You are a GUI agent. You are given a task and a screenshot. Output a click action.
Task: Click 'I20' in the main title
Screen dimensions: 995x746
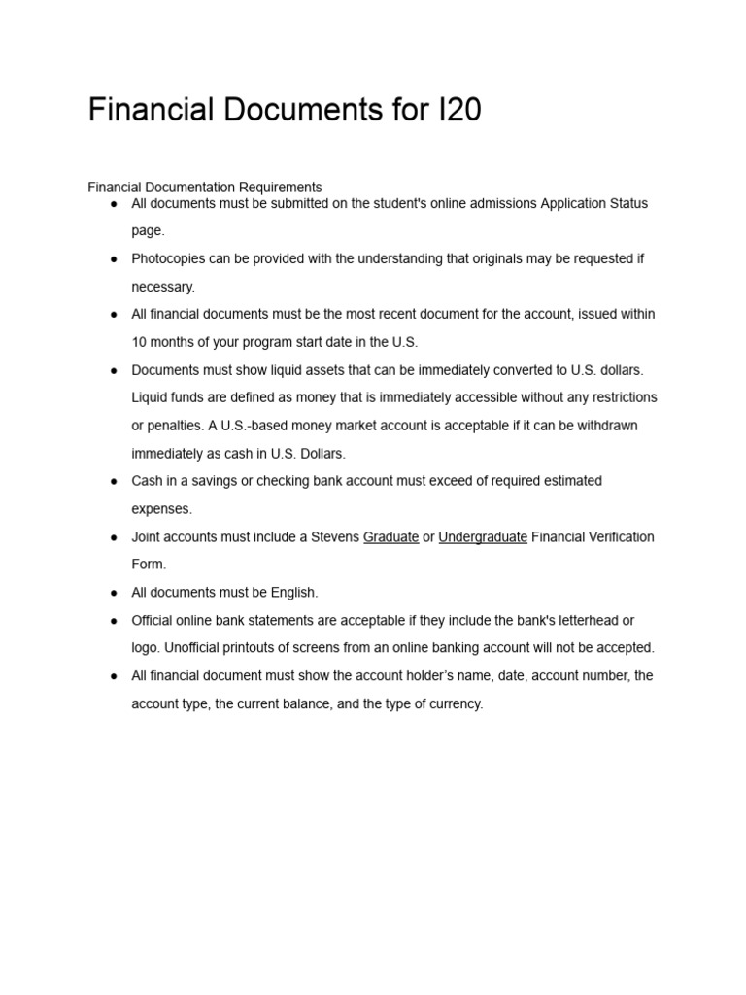[453, 111]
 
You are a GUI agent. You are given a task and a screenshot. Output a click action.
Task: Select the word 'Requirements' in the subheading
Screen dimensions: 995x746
[280, 187]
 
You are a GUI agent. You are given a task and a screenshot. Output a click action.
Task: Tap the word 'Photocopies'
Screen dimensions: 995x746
[168, 259]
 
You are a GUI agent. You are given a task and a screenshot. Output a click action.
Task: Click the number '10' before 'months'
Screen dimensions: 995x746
[140, 342]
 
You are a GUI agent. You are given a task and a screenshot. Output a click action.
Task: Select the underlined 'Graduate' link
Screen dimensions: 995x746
[390, 537]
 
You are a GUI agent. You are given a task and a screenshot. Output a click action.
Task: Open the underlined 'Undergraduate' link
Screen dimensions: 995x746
[483, 537]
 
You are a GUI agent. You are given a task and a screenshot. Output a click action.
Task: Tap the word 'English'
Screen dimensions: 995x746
[293, 593]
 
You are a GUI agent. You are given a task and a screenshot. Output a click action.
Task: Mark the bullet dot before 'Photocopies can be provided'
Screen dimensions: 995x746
[114, 259]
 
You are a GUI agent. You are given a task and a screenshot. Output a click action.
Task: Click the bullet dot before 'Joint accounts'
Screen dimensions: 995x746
[114, 537]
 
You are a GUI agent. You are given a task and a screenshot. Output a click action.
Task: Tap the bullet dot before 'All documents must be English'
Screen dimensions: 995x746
[114, 593]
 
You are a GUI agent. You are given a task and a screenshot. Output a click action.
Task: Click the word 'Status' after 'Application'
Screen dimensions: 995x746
[627, 204]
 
